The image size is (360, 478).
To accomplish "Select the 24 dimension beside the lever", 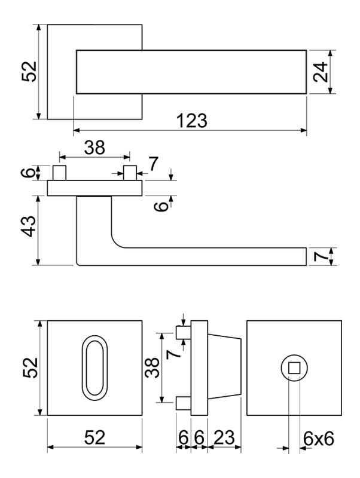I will (320, 72).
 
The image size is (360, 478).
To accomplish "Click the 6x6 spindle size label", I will (318, 440).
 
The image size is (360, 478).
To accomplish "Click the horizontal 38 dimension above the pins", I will (94, 148).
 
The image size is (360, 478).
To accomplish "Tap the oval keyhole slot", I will (93, 367).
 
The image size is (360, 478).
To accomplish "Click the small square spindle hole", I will (294, 368).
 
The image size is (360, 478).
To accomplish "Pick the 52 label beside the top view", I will (29, 72).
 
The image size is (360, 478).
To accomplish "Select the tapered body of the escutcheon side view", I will (225, 367).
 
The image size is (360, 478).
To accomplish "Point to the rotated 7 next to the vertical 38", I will (173, 353).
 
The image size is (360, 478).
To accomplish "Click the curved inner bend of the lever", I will (117, 242).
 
